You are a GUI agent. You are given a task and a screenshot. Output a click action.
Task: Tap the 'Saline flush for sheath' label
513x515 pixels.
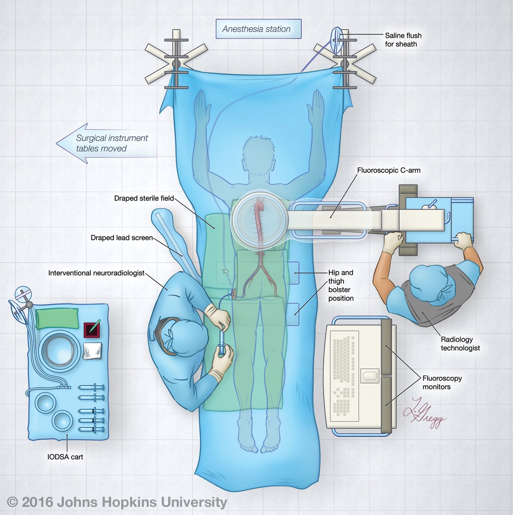pyautogui.click(x=403, y=39)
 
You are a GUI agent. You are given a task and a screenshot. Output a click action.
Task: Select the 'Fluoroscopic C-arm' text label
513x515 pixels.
pyautogui.click(x=389, y=170)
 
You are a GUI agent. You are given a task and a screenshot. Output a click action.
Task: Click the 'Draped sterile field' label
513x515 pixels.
pyautogui.click(x=144, y=198)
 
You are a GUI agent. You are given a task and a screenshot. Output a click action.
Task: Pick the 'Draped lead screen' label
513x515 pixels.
pyautogui.click(x=121, y=237)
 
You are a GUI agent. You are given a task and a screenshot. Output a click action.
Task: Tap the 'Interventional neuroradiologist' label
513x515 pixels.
pyautogui.click(x=96, y=273)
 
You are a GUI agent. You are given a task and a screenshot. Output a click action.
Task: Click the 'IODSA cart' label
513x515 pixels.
pyautogui.click(x=65, y=457)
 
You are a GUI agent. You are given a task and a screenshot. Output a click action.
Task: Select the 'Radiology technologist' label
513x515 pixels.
pyautogui.click(x=460, y=344)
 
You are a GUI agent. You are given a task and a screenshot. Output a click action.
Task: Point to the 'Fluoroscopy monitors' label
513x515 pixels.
pyautogui.click(x=442, y=382)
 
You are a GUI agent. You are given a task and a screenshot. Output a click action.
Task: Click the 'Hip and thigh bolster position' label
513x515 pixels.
pyautogui.click(x=341, y=285)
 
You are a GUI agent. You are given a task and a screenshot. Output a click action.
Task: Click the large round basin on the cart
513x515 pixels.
pyautogui.click(x=60, y=351)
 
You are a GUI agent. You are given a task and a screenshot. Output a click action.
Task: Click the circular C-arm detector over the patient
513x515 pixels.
pyautogui.click(x=259, y=219)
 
